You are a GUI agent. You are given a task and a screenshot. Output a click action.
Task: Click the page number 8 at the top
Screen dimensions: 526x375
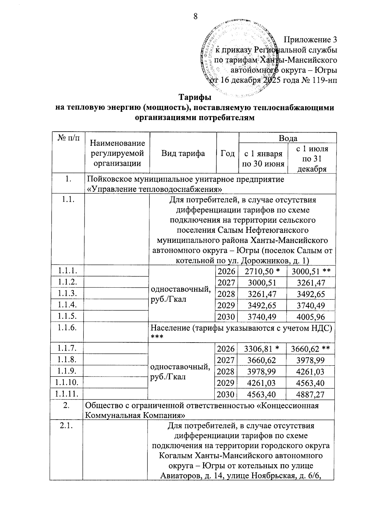(196, 16)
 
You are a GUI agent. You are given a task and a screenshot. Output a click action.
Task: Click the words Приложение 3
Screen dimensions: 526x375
(310, 40)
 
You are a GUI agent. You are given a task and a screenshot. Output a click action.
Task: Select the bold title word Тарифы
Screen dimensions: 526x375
(194, 97)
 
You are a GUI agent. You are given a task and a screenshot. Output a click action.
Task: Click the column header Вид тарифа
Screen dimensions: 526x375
(183, 153)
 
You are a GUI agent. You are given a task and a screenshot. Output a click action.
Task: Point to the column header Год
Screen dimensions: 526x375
(227, 153)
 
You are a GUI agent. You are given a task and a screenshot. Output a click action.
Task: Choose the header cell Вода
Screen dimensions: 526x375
(287, 138)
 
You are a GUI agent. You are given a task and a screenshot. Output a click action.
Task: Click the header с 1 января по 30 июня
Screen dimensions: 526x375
(263, 158)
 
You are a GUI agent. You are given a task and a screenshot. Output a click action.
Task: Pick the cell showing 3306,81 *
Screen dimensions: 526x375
(262, 348)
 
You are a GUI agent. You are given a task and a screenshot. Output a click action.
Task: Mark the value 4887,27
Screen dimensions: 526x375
(310, 394)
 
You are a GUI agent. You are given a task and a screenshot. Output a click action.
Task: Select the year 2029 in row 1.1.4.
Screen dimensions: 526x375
(226, 305)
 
